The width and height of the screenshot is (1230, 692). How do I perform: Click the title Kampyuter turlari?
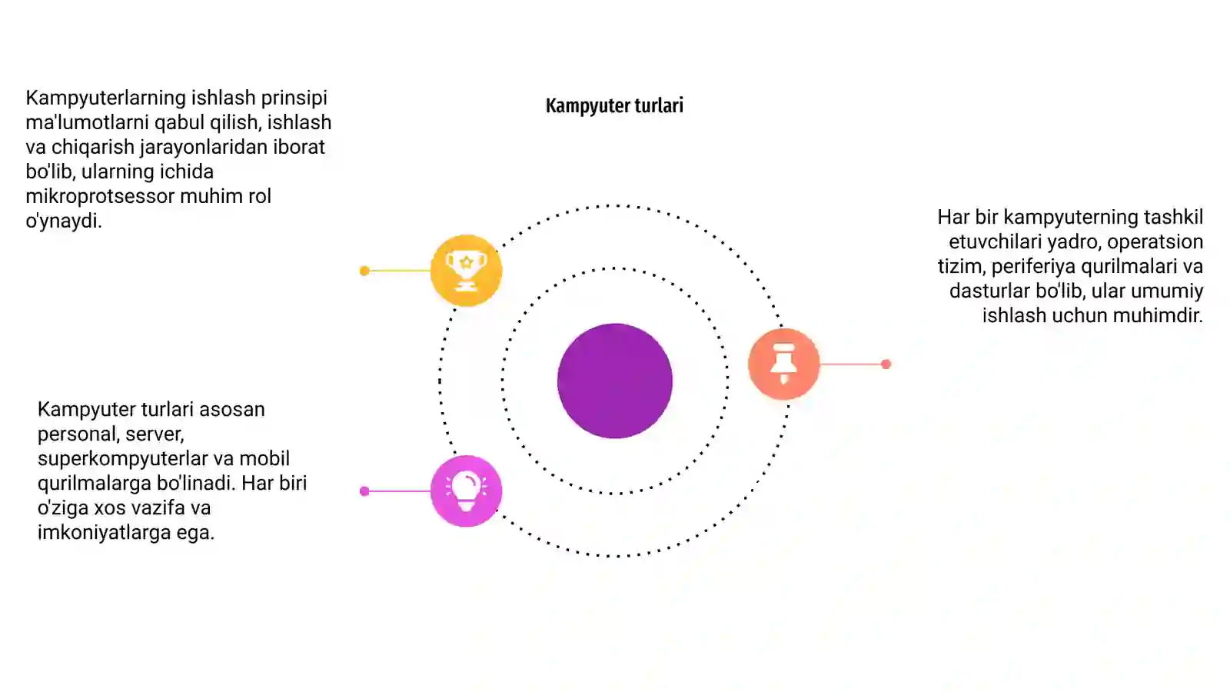[x=614, y=105]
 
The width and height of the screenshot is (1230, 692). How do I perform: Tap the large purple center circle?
[x=615, y=381]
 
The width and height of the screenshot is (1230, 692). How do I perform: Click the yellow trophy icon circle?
[x=466, y=270]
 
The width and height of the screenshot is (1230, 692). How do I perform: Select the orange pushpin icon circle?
[x=783, y=364]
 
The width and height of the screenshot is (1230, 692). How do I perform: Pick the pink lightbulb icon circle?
[x=466, y=491]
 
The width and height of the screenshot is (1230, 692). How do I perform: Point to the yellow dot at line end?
[x=364, y=270]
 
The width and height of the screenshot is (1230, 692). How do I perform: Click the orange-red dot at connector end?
[x=886, y=364]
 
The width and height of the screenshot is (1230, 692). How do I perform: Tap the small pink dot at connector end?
[x=364, y=491]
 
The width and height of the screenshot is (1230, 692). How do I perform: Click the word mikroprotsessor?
[x=100, y=196]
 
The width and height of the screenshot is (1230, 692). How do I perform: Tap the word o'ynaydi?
[x=64, y=221]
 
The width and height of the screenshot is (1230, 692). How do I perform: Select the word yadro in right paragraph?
[x=1072, y=241]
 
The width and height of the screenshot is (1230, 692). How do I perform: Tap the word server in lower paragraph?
[x=155, y=434]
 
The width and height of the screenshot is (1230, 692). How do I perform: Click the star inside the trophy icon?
[x=466, y=262]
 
